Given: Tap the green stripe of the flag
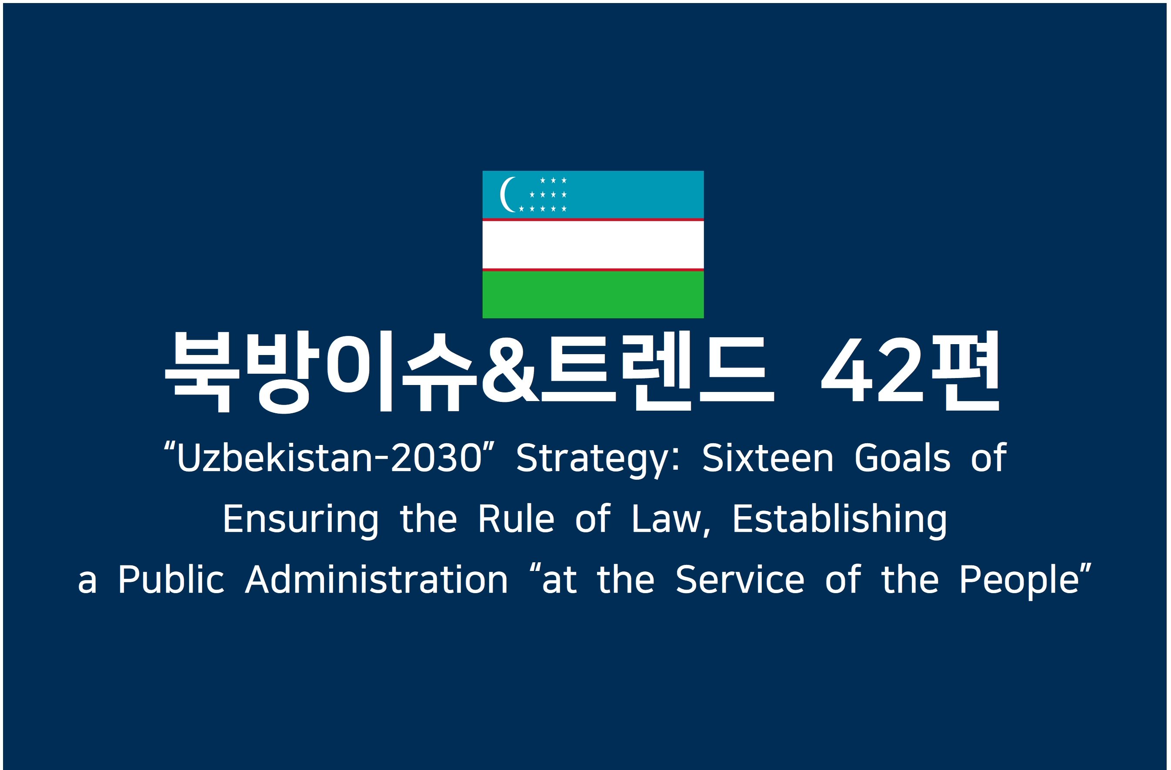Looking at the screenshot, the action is [593, 295].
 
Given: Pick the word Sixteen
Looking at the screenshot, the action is [767, 458].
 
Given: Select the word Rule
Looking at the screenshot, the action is [516, 519].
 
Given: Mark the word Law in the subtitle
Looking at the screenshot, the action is [666, 519].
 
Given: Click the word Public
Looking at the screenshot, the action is [171, 579].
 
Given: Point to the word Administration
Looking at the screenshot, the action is [377, 579].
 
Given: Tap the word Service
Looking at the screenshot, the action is [740, 579].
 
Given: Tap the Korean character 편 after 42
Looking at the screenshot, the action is [966, 370].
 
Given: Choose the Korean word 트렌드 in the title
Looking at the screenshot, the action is [657, 370].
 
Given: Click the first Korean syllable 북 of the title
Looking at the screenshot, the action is [202, 371].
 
